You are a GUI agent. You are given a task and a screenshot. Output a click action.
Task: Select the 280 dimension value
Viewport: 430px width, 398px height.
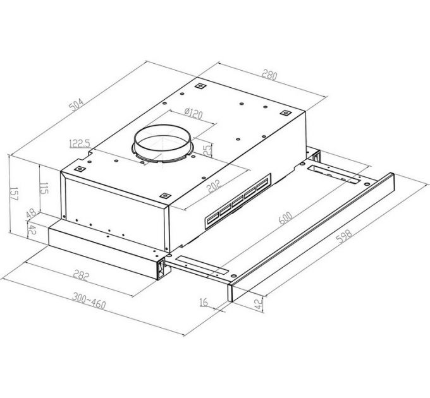270,76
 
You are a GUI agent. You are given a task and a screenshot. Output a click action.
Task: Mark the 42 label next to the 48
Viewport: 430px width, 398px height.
29,231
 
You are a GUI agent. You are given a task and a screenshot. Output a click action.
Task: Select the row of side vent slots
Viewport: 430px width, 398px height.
238,202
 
